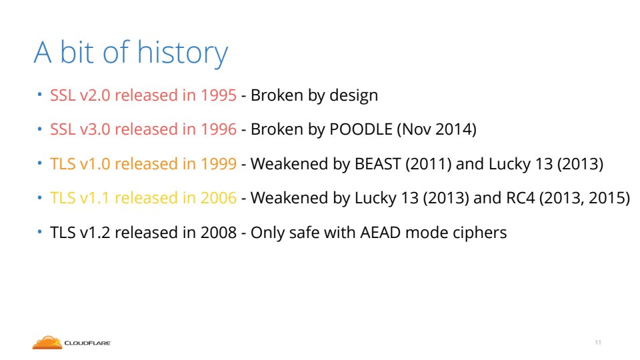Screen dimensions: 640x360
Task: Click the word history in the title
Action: tap(182, 53)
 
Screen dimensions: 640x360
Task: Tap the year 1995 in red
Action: tap(219, 95)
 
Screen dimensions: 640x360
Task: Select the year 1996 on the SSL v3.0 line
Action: tap(219, 129)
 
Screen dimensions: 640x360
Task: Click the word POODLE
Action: tap(361, 129)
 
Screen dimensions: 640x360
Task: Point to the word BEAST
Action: tap(377, 164)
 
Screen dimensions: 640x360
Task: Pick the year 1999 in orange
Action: tap(219, 164)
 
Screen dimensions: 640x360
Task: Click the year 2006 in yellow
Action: tap(219, 198)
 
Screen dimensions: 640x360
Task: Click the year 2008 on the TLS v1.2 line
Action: tap(219, 233)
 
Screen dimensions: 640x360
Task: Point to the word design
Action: tap(353, 96)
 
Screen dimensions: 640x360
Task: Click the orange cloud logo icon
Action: tap(47, 343)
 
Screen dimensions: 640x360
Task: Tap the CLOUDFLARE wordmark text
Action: tap(87, 343)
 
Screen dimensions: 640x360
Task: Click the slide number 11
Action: tap(598, 343)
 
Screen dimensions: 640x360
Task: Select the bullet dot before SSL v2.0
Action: tap(39, 95)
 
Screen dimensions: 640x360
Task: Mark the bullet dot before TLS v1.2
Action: tap(39, 232)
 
